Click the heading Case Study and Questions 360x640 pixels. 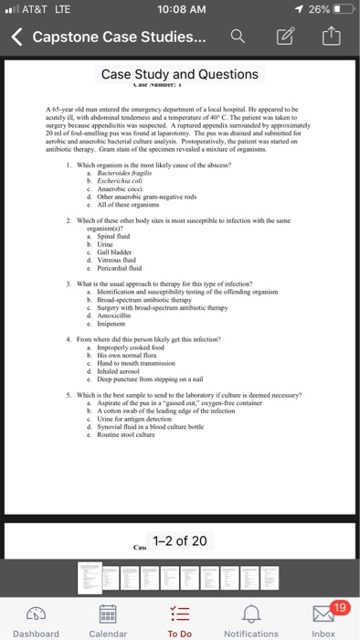(x=179, y=74)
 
